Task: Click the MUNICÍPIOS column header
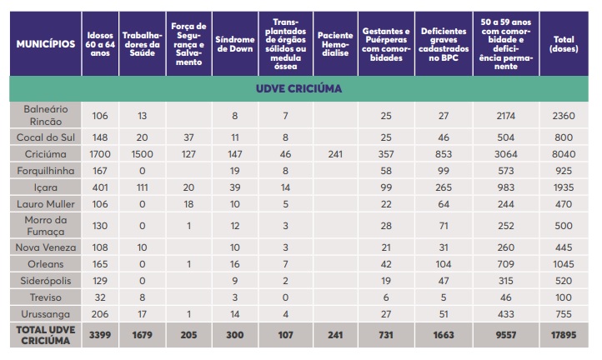[46, 43]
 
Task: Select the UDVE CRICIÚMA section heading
[300, 88]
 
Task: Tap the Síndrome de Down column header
[235, 43]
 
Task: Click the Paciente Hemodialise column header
[335, 43]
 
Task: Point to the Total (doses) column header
[563, 43]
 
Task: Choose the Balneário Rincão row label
[46, 114]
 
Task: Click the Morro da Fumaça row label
[46, 224]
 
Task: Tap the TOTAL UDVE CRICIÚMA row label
[46, 335]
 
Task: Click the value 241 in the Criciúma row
[335, 154]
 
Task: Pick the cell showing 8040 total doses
[563, 154]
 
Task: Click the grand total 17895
[563, 335]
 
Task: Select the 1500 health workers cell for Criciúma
[142, 154]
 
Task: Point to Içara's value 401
[100, 187]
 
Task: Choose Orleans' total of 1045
[563, 263]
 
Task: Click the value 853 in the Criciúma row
[444, 154]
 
